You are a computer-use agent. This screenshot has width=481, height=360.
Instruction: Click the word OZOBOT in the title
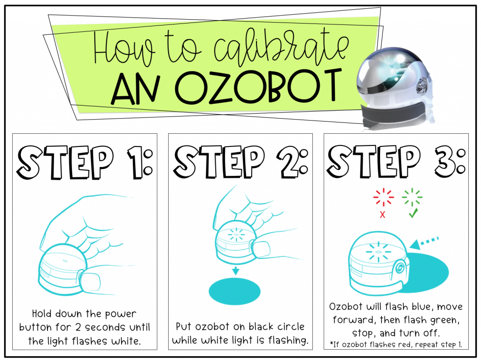point(258,87)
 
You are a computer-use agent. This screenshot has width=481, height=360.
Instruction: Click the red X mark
point(382,214)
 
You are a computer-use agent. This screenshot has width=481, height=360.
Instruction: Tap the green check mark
point(413,213)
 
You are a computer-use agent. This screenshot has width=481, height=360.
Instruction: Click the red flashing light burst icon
point(383,197)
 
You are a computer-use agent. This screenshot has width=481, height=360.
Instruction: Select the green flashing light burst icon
point(412,197)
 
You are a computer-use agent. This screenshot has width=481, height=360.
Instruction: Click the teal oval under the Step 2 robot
point(234,291)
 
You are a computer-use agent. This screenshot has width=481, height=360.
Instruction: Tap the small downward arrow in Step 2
point(235,271)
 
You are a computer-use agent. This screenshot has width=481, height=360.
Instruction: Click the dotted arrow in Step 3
point(424,243)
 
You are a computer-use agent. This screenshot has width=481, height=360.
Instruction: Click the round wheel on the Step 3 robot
point(399,268)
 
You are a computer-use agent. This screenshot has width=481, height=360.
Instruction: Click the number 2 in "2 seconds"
point(78,328)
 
